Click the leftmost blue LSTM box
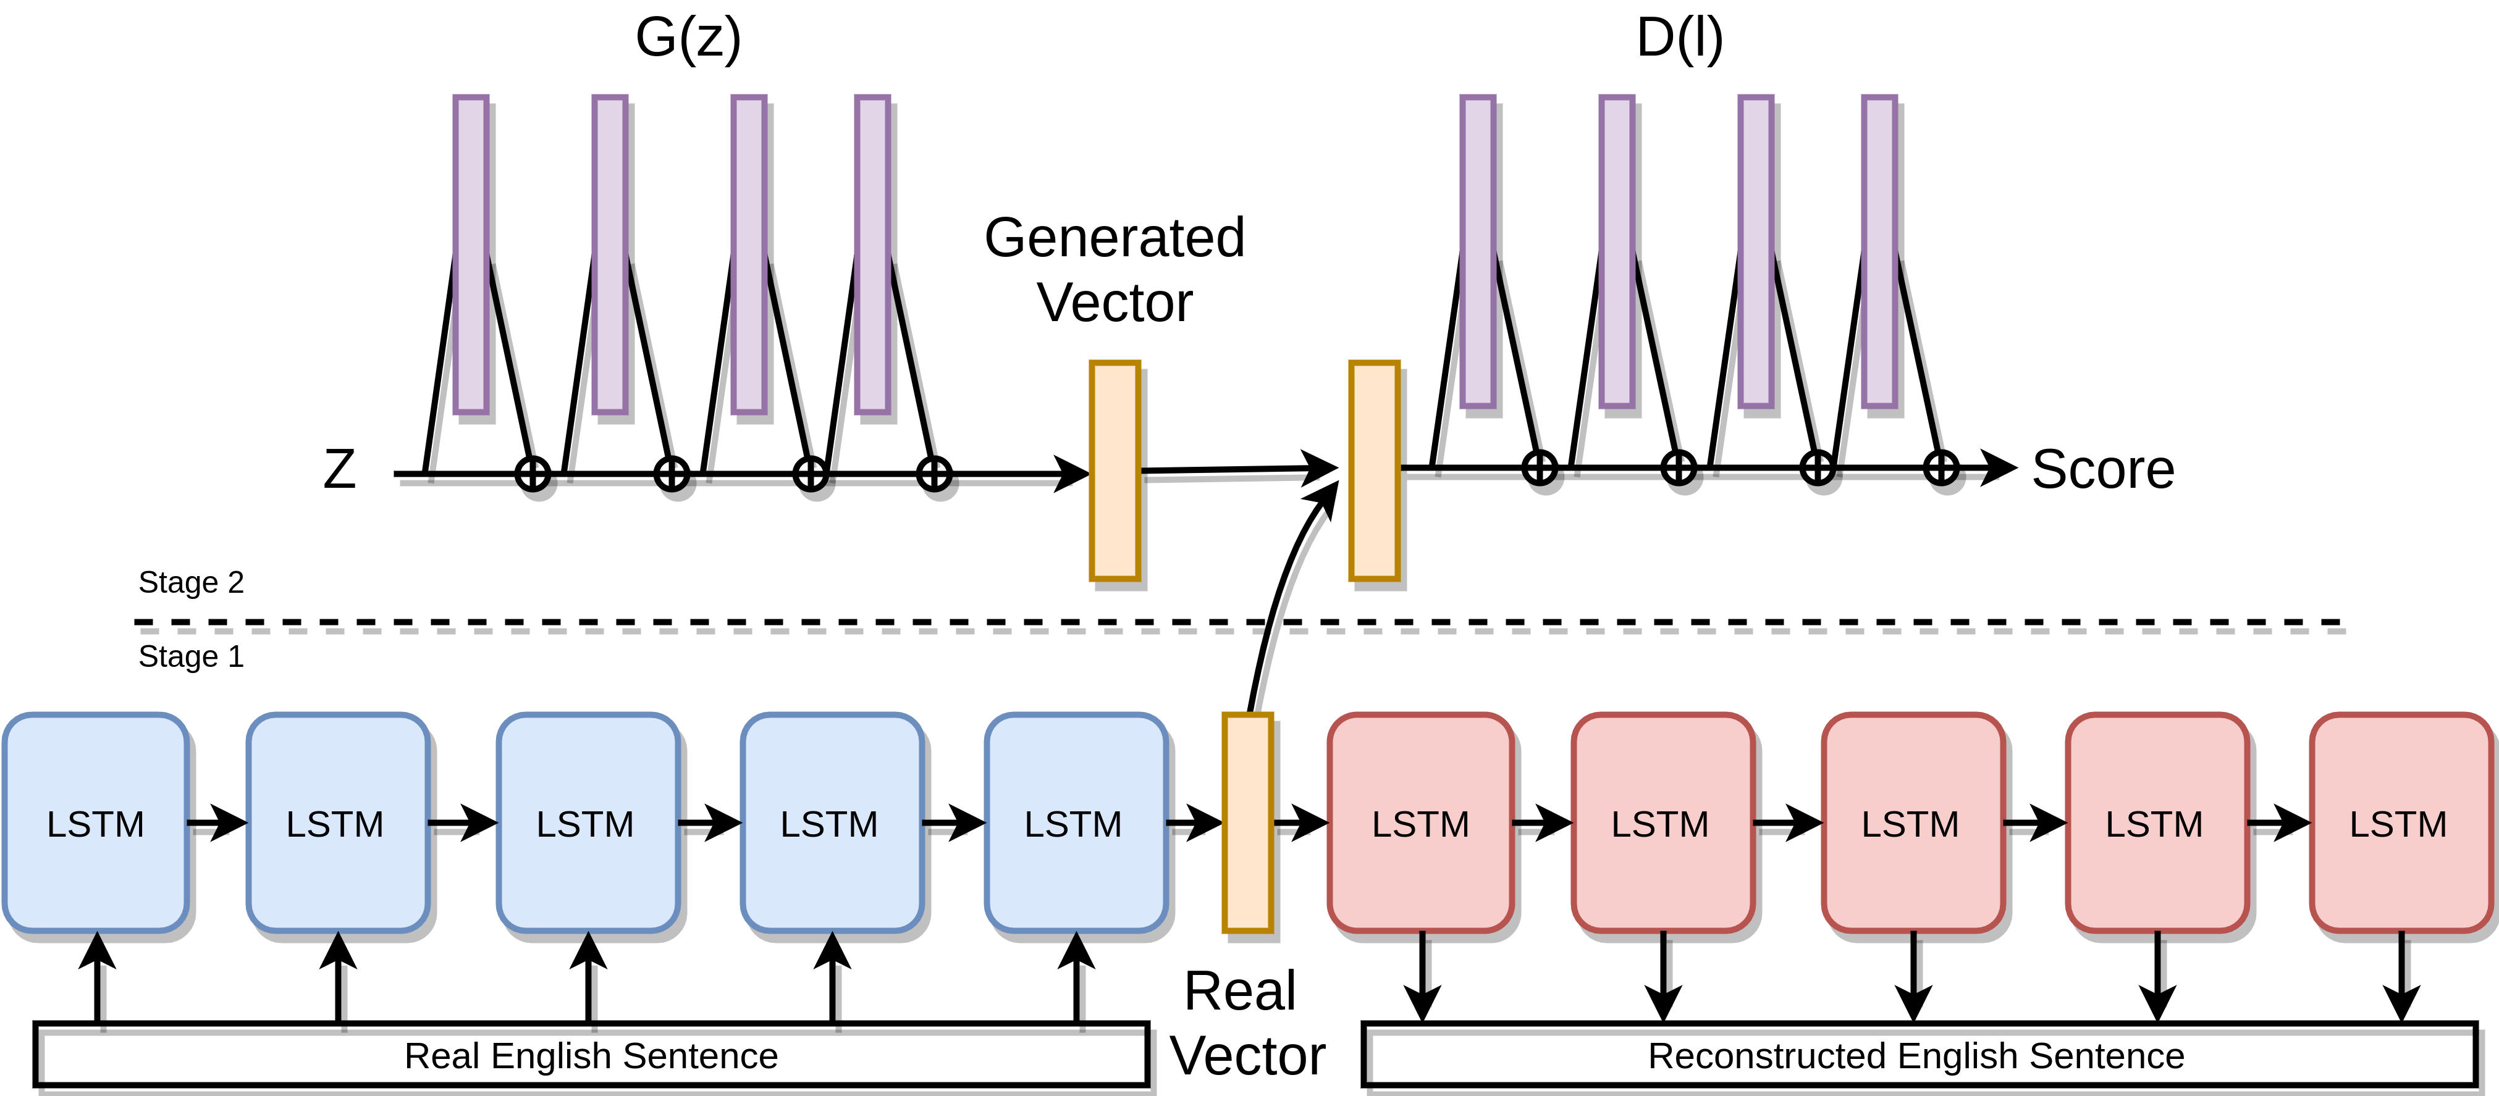(95, 822)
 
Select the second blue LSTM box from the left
(337, 822)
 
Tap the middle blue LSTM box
(588, 822)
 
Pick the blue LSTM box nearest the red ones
(1076, 822)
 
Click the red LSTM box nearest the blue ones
(1420, 822)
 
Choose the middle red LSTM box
(1912, 822)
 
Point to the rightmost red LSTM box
(2400, 822)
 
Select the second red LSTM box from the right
(2157, 822)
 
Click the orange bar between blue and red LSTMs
(1247, 822)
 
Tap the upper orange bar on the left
(1115, 471)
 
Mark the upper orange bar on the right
(1373, 471)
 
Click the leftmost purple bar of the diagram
(471, 254)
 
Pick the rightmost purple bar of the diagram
(1879, 251)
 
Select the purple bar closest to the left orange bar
(872, 254)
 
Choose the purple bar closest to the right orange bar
(1478, 251)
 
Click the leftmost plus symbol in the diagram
(533, 474)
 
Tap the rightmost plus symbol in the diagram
(1941, 467)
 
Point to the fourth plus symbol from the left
(934, 474)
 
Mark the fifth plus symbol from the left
(1540, 467)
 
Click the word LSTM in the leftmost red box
(1420, 824)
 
